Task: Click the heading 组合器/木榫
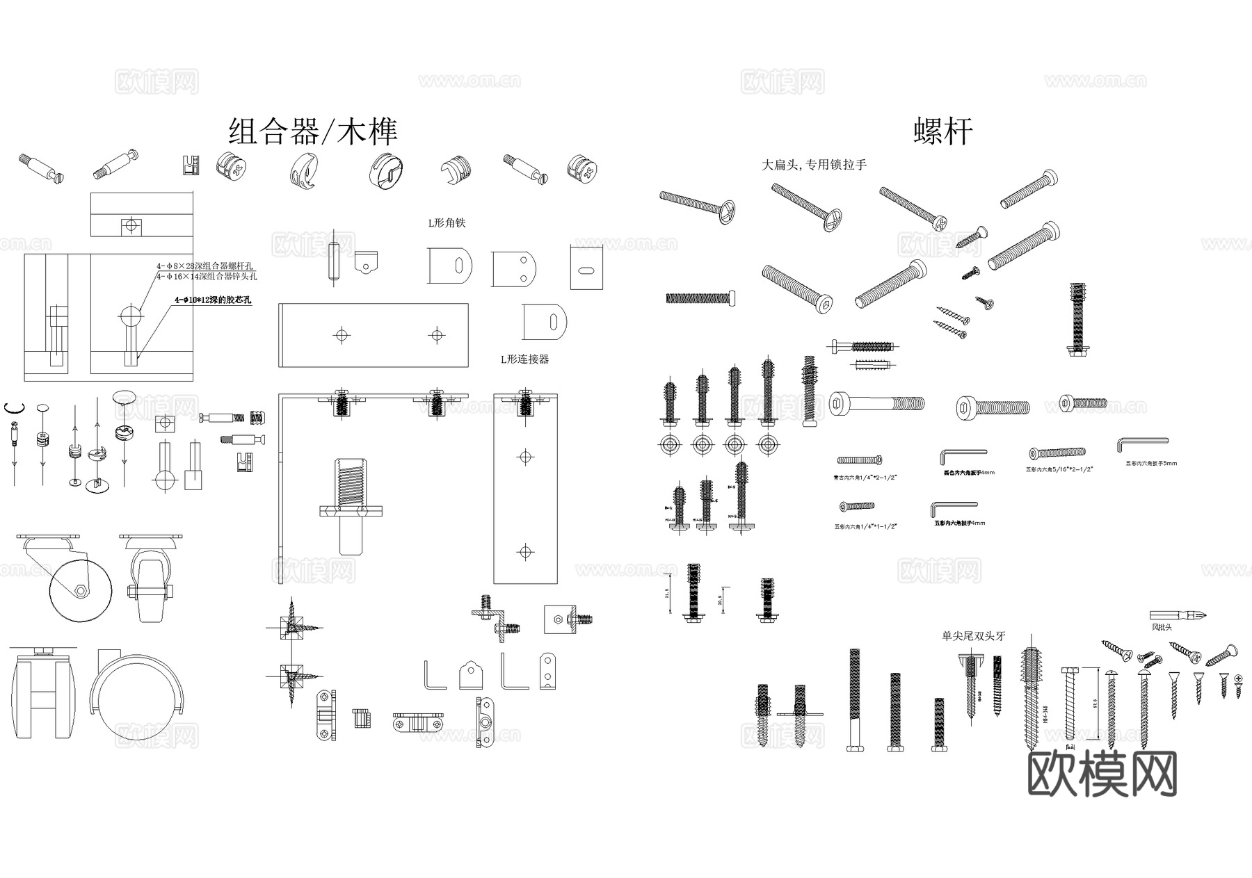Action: pos(313,131)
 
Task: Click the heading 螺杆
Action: pos(942,131)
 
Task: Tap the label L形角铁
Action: pos(446,223)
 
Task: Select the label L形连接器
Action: pos(524,359)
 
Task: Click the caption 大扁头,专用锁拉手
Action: pos(814,165)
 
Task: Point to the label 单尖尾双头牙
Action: pos(973,636)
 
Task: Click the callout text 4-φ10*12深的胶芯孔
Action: pos(213,300)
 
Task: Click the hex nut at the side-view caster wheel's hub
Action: pos(81,590)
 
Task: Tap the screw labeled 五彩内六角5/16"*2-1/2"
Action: pos(1057,453)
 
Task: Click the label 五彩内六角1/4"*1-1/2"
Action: pos(865,527)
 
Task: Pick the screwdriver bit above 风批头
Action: pos(1177,615)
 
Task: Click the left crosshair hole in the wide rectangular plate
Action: pos(342,335)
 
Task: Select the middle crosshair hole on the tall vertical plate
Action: pos(525,457)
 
